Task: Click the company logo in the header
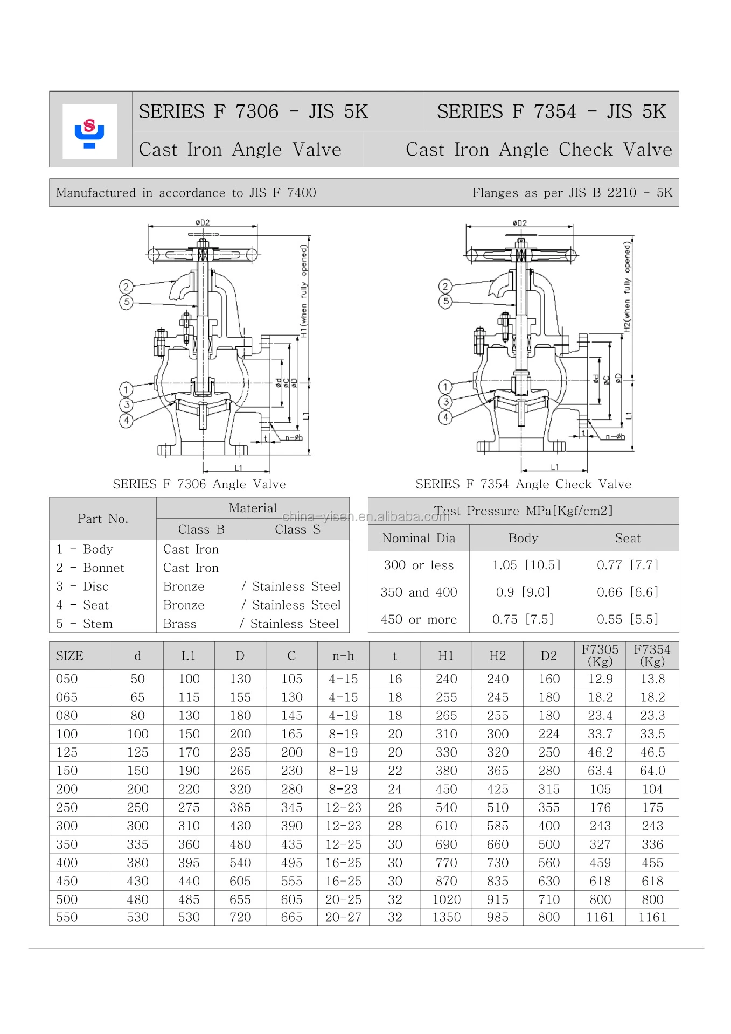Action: tap(89, 131)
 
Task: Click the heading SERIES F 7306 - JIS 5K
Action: tap(253, 111)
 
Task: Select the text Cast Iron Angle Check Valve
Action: tap(538, 149)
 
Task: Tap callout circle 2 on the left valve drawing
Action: tap(126, 287)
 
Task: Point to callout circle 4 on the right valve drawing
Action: tap(445, 417)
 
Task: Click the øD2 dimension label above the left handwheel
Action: tap(203, 222)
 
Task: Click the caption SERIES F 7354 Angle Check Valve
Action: tap(523, 484)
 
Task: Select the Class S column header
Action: tap(297, 529)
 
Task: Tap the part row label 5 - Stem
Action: tap(85, 624)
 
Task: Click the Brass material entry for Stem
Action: tap(179, 624)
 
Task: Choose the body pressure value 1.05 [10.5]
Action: tap(526, 565)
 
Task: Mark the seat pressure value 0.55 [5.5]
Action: tap(627, 619)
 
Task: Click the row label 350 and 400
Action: tap(419, 592)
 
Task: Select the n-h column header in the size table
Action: tap(343, 656)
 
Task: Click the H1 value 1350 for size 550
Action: tap(446, 917)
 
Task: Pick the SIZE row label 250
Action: tap(67, 807)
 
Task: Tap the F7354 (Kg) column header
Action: tap(652, 655)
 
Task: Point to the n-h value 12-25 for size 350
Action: tap(343, 844)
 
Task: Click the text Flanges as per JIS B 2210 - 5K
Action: tap(572, 193)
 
